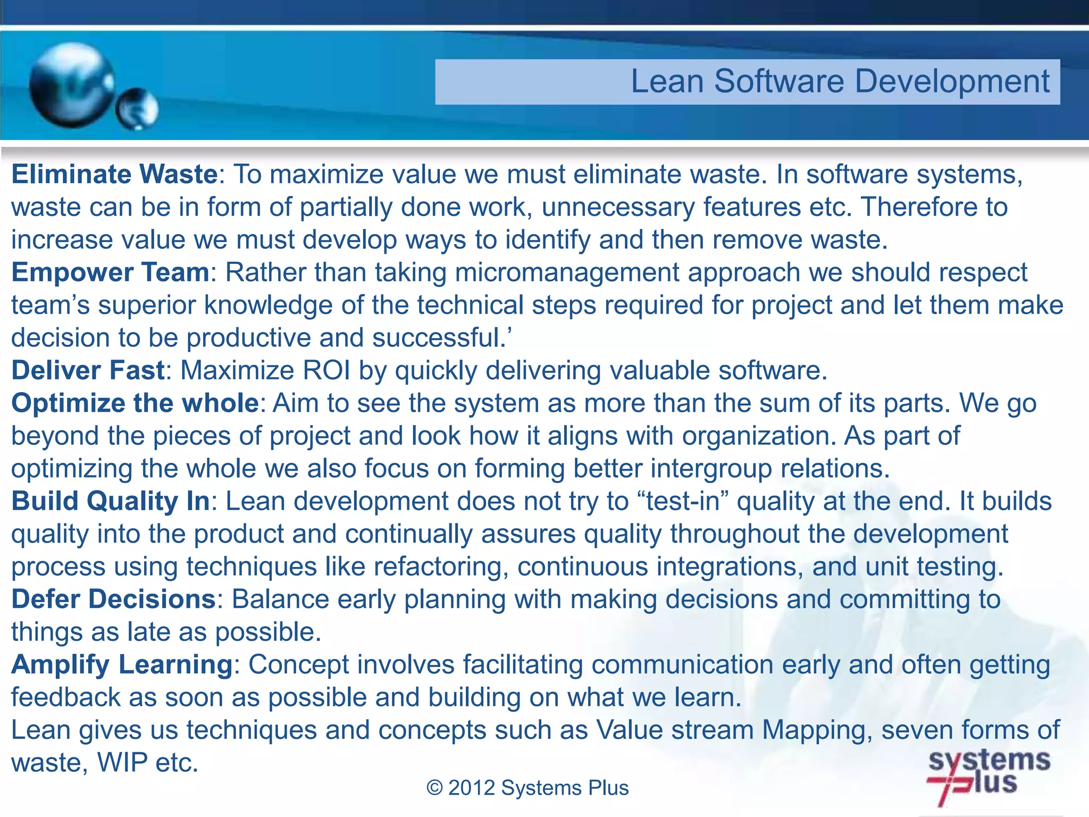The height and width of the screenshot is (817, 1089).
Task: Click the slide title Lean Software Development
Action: pos(840,81)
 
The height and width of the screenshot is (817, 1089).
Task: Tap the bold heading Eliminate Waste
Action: pos(114,174)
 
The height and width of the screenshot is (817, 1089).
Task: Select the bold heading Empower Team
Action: pos(111,272)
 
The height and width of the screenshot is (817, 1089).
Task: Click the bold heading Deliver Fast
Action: pos(88,371)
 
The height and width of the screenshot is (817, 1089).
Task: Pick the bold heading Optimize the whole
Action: pos(135,403)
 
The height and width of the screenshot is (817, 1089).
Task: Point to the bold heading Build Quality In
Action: pos(111,501)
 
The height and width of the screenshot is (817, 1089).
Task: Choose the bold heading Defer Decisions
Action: pos(113,599)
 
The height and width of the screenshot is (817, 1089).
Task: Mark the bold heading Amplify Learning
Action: pos(122,664)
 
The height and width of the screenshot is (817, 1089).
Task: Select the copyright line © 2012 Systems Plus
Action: pos(527,788)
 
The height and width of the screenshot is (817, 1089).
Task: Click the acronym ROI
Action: pos(326,371)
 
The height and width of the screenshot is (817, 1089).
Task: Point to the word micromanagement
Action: pos(567,272)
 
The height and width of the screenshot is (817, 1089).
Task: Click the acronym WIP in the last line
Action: pos(122,763)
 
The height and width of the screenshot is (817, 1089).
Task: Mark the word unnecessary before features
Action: pos(618,207)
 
